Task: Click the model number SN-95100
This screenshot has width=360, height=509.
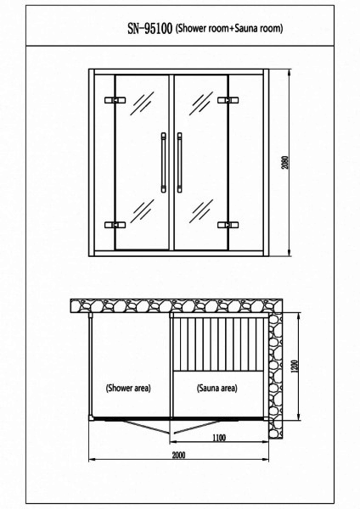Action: point(149,29)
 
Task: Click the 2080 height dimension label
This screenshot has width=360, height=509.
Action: point(285,163)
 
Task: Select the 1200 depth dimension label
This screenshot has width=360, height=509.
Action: point(295,366)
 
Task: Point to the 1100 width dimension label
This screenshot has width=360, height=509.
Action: point(219,438)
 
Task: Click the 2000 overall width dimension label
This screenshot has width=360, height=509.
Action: point(178,455)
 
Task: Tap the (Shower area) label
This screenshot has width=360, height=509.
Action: point(128,388)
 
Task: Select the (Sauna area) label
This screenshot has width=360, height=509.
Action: point(217,388)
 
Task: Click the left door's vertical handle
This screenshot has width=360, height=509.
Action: point(163,162)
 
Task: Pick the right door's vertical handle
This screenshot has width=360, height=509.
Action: point(179,162)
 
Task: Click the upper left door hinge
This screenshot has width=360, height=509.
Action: point(115,100)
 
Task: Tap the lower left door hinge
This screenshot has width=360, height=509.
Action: point(115,225)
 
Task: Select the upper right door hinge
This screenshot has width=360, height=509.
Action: point(228,100)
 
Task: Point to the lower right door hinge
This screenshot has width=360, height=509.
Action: point(228,225)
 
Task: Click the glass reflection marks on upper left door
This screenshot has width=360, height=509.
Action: point(142,103)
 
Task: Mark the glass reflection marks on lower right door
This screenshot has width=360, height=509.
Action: point(201,211)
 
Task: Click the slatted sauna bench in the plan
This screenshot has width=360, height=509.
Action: point(218,344)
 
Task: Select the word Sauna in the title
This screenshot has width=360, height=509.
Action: point(246,29)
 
